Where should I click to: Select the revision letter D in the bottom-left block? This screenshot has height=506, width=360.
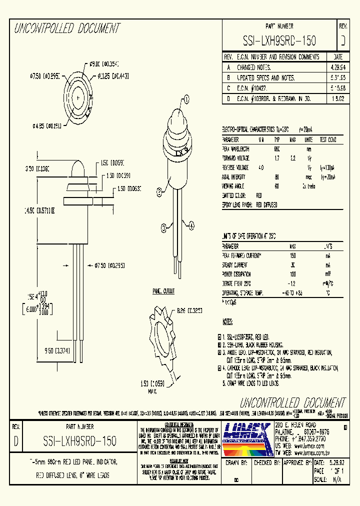point(16,441)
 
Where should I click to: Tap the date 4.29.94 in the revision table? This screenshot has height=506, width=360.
point(337,67)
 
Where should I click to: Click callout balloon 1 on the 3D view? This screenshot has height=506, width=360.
point(187,99)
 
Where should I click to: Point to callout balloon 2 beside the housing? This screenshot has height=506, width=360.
point(159,190)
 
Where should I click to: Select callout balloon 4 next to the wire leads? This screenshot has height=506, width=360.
point(191,226)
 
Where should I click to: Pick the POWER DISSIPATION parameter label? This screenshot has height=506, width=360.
point(236,274)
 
